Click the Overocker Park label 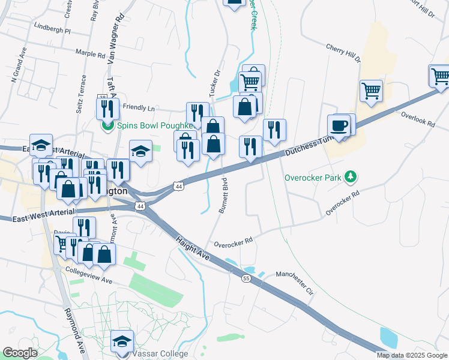pyautogui.click(x=313, y=178)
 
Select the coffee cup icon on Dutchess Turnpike pyautogui.click(x=339, y=125)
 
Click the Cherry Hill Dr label pyautogui.click(x=343, y=53)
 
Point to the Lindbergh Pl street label pyautogui.click(x=52, y=28)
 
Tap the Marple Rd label pyautogui.click(x=91, y=53)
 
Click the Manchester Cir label pyautogui.click(x=295, y=283)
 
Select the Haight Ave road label pyautogui.click(x=193, y=247)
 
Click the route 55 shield pyautogui.click(x=246, y=278)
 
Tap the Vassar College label pyautogui.click(x=157, y=354)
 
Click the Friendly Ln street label pyautogui.click(x=139, y=108)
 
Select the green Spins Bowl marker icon pyautogui.click(x=107, y=126)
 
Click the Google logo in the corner pyautogui.click(x=20, y=353)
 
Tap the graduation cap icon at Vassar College pyautogui.click(x=122, y=341)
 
